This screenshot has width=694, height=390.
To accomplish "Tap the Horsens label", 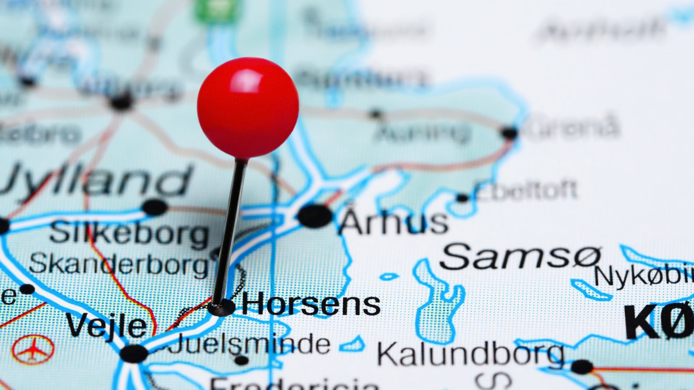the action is (x=311, y=304).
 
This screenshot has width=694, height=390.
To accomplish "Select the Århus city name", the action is (x=393, y=221).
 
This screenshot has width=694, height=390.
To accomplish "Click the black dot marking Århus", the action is (x=314, y=216).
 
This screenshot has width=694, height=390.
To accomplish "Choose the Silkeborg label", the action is (x=129, y=234).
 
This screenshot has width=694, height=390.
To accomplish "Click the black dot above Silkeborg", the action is (x=155, y=207).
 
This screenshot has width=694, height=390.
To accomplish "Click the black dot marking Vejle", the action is (x=134, y=354).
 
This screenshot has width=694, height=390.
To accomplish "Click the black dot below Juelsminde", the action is (x=241, y=360).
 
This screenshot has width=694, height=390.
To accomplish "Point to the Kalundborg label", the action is (x=470, y=354).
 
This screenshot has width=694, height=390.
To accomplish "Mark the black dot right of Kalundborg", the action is (x=582, y=367).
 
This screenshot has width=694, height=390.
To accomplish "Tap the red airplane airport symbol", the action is (x=33, y=349).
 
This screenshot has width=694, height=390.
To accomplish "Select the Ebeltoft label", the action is (x=526, y=191).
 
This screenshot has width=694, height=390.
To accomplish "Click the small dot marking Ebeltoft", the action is (x=462, y=198).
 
